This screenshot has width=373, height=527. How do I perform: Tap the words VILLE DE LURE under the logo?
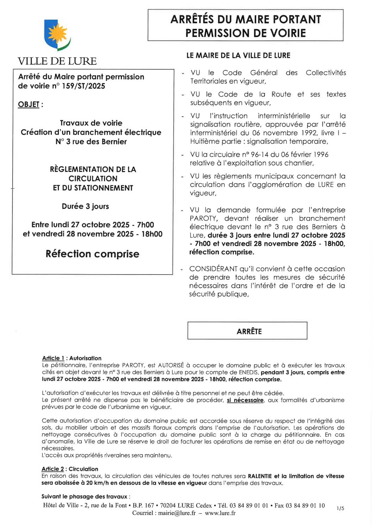coord(57,61)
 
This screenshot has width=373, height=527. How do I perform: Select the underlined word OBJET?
coord(29,105)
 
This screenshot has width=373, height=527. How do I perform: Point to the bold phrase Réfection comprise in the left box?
coord(92,254)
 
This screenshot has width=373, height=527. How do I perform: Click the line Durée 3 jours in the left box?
coord(85,206)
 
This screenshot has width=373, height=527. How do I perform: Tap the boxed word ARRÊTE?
coord(249,331)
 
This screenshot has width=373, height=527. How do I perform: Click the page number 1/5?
coord(340,508)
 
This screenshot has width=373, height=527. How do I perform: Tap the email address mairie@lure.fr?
coord(177,513)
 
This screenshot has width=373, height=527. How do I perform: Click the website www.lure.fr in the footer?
coord(220,513)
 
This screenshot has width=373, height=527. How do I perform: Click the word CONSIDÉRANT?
coord(213,269)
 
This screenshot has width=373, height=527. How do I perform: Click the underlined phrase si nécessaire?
coord(245,400)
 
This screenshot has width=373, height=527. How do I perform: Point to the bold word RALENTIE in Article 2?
coord(260,476)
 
